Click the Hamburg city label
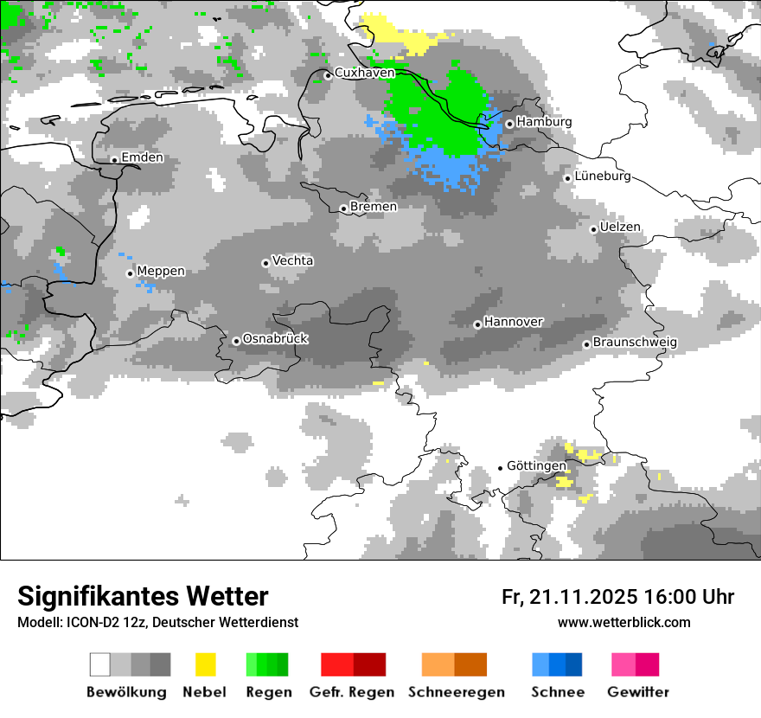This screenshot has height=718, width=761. (x=544, y=122)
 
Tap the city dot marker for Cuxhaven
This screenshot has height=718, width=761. (x=328, y=75)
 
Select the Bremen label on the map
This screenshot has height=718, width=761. (x=374, y=207)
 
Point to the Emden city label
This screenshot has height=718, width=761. (x=142, y=157)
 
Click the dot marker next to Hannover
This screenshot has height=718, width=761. (x=477, y=324)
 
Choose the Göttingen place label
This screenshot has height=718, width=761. (x=536, y=465)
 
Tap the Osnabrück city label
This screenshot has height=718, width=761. (x=275, y=339)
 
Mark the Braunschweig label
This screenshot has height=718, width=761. (x=635, y=343)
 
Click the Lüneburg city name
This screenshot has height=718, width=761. (x=603, y=176)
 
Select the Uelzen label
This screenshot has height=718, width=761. (x=620, y=228)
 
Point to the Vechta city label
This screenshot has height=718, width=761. (x=292, y=260)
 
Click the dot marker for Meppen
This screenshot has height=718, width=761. (x=130, y=273)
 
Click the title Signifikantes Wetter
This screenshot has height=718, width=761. (x=143, y=596)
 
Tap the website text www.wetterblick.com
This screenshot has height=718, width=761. (x=624, y=623)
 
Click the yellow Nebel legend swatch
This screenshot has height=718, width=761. (x=205, y=664)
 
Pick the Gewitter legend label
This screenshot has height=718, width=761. (x=637, y=692)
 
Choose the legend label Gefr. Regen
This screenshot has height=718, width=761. (x=351, y=692)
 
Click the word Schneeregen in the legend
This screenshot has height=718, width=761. (x=456, y=692)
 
